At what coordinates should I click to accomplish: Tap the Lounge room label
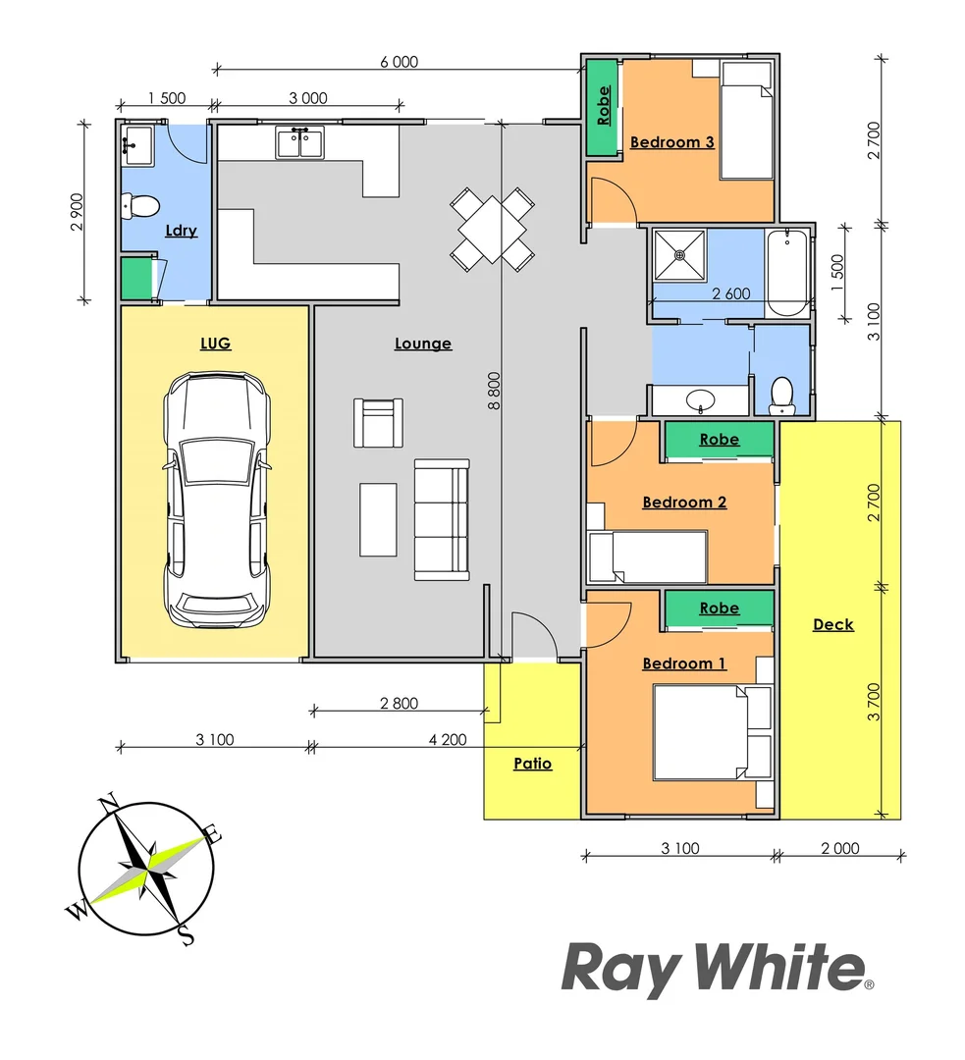coord(423,344)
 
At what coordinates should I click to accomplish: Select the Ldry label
coord(182,231)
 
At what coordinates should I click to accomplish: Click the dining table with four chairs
coord(493,230)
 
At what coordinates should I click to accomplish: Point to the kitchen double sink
coord(300,143)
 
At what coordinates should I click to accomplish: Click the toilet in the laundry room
coord(139,206)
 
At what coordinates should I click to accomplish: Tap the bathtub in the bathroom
coord(786,272)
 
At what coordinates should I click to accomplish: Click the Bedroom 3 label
coord(671,142)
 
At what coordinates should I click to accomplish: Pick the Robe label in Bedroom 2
coord(719,440)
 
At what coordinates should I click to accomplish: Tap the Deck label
coord(833,624)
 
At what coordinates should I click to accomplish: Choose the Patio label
coord(533,763)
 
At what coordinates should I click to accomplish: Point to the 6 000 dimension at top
coord(399,61)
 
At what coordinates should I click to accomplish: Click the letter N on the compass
coord(110,802)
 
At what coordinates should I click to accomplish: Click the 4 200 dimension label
coord(448,740)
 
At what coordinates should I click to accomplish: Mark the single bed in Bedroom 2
coord(648,556)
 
